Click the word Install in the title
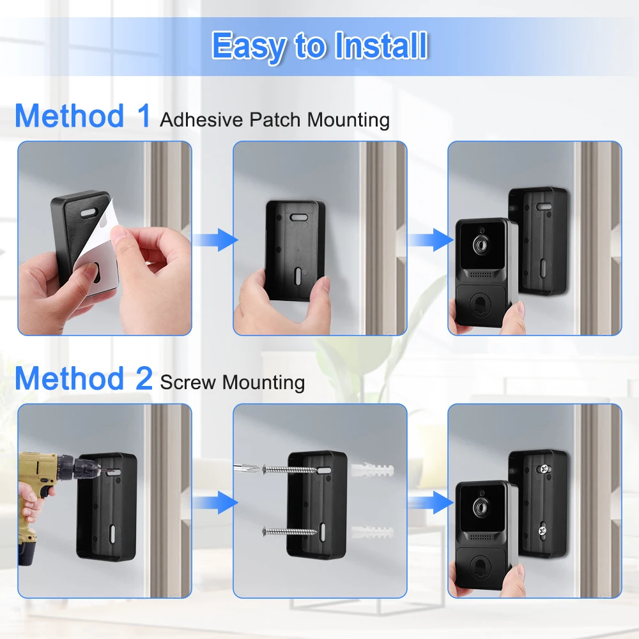tap(381, 45)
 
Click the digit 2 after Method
tap(144, 378)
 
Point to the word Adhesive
tap(201, 119)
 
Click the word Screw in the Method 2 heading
tap(188, 382)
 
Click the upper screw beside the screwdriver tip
tap(289, 470)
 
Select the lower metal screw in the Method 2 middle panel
tap(289, 531)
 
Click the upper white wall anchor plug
tap(372, 469)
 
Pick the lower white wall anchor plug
tap(372, 532)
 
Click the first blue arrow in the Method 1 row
tap(215, 240)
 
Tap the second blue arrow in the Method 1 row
tap(431, 240)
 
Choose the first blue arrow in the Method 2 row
tap(215, 502)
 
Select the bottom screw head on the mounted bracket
tap(543, 530)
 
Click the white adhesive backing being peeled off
tap(97, 252)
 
